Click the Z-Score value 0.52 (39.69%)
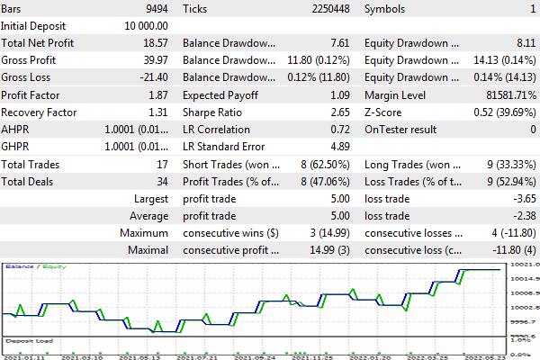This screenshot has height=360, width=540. [x=498, y=112]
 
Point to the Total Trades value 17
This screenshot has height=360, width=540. [x=161, y=164]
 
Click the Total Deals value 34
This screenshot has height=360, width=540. [x=161, y=181]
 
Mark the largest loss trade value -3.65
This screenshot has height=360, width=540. [x=519, y=198]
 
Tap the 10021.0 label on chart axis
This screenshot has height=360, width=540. [x=521, y=266]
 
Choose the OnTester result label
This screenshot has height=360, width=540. [x=400, y=129]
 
